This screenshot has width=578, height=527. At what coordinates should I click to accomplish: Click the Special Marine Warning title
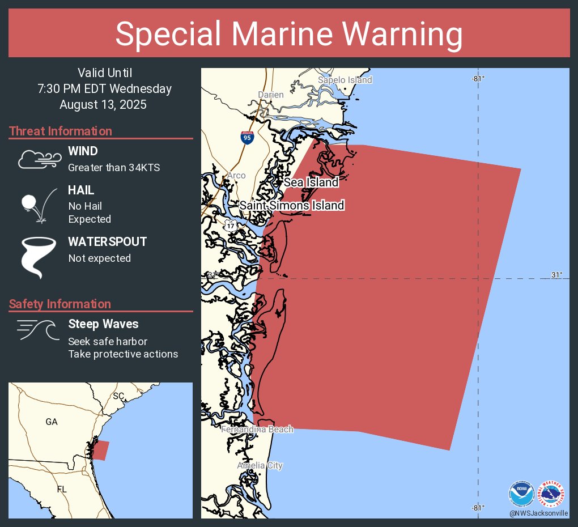click(x=289, y=34)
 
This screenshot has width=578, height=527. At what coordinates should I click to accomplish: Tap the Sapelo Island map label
click(x=345, y=80)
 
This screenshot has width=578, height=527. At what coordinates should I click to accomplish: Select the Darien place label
click(x=270, y=95)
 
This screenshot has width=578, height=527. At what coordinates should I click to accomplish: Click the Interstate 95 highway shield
click(x=246, y=137)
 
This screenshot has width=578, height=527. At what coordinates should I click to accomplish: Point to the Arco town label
click(x=236, y=176)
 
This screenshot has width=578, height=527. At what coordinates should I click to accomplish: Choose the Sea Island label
click(x=311, y=182)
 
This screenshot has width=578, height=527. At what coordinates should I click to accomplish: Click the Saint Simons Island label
click(x=292, y=205)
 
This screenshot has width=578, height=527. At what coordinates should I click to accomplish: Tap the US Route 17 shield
click(x=231, y=226)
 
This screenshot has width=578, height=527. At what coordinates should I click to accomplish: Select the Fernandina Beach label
click(x=257, y=430)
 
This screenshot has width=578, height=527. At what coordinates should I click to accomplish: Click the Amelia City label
click(x=260, y=466)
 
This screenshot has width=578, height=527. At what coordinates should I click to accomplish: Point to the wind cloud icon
click(x=39, y=160)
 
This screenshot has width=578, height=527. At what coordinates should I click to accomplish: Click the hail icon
click(x=37, y=205)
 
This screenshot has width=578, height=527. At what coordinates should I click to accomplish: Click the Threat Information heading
click(x=61, y=131)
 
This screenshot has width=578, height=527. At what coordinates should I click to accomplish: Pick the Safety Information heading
click(x=60, y=304)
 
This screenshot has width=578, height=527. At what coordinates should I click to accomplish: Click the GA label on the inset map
click(x=52, y=422)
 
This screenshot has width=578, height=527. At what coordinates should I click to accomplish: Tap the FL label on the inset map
click(x=62, y=488)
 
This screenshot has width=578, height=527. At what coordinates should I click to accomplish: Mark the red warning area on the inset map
click(x=100, y=450)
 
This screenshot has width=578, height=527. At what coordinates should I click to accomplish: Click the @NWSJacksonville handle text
click(x=538, y=513)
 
